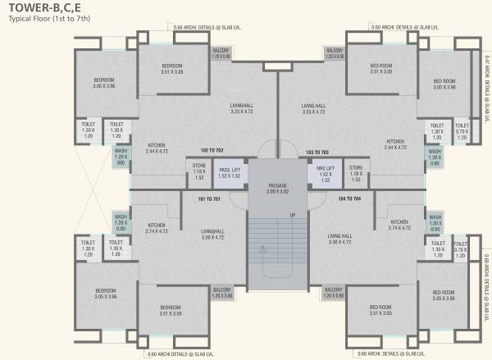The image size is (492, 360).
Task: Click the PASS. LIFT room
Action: click(230, 173)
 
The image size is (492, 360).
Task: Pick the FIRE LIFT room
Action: click(324, 173)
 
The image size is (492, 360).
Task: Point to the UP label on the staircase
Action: click(292, 216)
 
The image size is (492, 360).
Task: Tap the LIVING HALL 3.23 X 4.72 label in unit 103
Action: click(314, 108)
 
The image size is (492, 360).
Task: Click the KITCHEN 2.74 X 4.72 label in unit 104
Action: click(399, 225)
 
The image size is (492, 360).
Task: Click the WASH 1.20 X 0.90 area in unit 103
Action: click(435, 157)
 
